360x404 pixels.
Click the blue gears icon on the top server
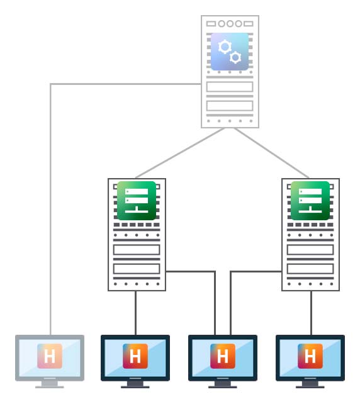230,52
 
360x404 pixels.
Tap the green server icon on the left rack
137,201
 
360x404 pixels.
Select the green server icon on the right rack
310,201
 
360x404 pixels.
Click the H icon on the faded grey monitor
50,356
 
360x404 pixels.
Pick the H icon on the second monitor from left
135,356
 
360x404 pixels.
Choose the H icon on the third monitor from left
223,356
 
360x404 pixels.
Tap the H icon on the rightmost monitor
310,356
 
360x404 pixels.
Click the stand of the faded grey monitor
50,384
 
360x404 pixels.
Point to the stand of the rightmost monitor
310,384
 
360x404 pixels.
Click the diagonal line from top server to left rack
180,153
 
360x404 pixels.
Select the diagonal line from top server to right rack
271,153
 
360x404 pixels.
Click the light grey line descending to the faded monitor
50,209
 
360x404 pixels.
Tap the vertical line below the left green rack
135,313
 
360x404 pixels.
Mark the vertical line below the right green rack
311,313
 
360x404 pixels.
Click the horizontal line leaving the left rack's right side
190,271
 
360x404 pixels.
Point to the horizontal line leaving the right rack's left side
256,271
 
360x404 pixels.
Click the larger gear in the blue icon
225,47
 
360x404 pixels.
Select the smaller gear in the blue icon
235,57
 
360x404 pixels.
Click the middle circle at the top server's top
230,24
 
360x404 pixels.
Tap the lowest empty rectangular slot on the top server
230,106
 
